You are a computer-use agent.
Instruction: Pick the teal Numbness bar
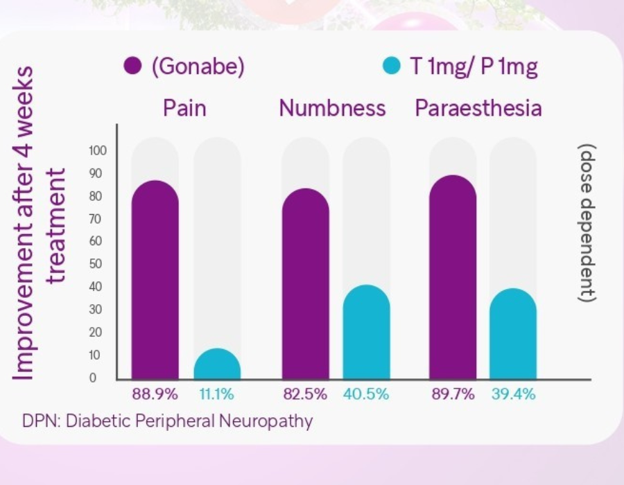[367, 333]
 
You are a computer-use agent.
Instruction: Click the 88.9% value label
[155, 395]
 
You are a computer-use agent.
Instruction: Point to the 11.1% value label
[217, 395]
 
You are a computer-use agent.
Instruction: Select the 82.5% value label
[305, 395]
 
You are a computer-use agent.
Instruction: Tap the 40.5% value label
[366, 395]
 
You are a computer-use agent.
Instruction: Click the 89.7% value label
[453, 395]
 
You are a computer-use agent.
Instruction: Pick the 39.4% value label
[514, 395]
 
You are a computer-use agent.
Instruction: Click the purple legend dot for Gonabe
[133, 67]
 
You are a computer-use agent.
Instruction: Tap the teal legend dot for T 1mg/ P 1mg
[392, 67]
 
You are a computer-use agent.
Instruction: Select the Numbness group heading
[332, 109]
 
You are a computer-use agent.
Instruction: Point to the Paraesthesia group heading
[478, 109]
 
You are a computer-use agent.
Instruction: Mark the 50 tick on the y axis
[99, 264]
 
